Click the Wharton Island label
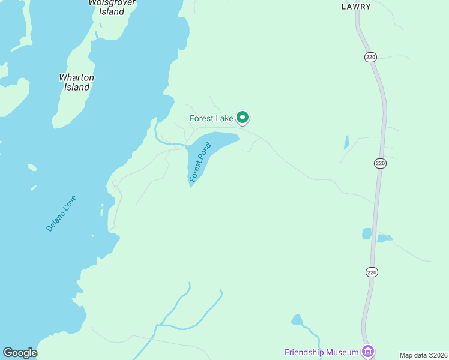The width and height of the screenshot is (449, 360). pos(76,82)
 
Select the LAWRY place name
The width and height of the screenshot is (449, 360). pos(356,7)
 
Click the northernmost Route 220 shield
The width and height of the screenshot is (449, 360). pos(370,56)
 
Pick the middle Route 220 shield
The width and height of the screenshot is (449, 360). pos(379,163)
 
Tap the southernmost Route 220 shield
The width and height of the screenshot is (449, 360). pos(372,272)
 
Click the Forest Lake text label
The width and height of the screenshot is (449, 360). pos(211,118)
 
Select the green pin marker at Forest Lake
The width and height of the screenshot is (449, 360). pos(243,117)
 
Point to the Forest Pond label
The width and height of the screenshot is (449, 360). pos(200,162)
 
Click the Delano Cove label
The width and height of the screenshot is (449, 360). pos(62,213)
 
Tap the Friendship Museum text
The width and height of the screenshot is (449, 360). pos(321,351)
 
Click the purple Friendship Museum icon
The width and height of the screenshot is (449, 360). pos(368,351)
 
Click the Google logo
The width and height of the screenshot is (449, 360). pos(20,353)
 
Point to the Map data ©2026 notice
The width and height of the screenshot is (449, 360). pos(423,355)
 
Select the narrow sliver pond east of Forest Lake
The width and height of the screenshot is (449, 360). pos(346,142)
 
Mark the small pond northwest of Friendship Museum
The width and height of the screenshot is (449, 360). pos(297,319)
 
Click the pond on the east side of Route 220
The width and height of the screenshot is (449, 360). pos(384,238)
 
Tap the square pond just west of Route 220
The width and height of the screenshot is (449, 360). pos(367,233)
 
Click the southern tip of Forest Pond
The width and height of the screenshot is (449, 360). pos(191,185)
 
